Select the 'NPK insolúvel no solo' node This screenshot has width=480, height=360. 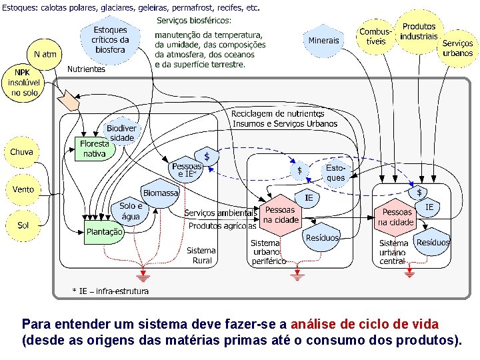(x=23, y=83)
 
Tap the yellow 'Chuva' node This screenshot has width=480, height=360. (x=21, y=152)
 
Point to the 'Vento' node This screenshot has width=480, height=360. (x=23, y=190)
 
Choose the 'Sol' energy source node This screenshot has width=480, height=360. (x=23, y=225)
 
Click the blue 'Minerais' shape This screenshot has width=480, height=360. (x=323, y=41)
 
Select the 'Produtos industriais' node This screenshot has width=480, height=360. (x=419, y=32)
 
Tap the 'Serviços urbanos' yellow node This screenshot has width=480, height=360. (x=457, y=48)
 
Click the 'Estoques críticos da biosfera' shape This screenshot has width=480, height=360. (x=110, y=40)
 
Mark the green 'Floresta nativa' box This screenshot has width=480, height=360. (x=95, y=149)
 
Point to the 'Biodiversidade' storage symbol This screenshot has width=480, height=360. (x=121, y=133)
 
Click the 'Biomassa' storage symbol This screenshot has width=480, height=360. (x=161, y=193)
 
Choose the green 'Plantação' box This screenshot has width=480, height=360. (x=105, y=232)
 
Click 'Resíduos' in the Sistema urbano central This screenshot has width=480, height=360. (x=433, y=243)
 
